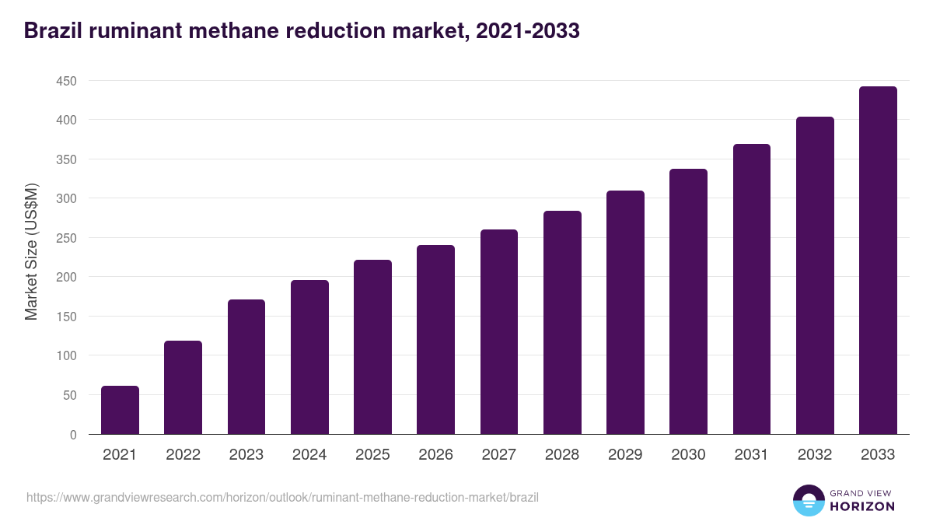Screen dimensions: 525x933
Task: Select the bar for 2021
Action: click(x=120, y=410)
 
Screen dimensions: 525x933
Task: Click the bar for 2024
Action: click(x=309, y=357)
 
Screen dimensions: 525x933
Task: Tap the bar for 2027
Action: click(x=499, y=332)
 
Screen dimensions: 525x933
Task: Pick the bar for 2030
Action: click(x=688, y=302)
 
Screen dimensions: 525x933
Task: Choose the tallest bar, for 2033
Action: click(x=878, y=261)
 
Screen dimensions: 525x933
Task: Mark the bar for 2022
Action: click(x=183, y=387)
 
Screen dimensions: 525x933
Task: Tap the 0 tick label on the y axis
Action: click(x=73, y=435)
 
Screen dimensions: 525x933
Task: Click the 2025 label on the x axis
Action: click(x=372, y=455)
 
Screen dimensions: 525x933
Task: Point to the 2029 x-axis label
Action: click(x=625, y=455)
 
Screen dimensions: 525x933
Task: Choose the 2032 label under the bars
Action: click(x=815, y=455)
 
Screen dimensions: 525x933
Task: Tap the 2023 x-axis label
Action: click(x=246, y=455)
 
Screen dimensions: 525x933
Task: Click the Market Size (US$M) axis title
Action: click(x=31, y=251)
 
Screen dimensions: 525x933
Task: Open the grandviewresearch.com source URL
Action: click(x=282, y=497)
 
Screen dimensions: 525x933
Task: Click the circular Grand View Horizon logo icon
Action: click(x=808, y=500)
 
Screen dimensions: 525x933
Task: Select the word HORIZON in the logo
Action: click(x=861, y=506)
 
